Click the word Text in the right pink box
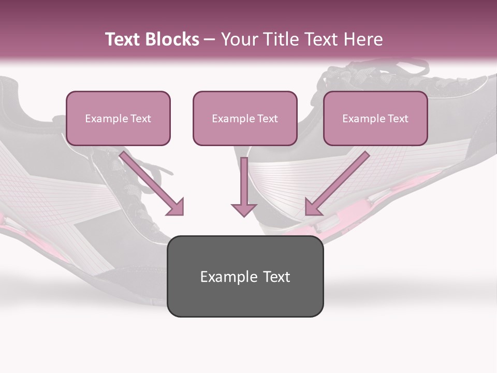(397, 119)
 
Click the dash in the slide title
(210, 40)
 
